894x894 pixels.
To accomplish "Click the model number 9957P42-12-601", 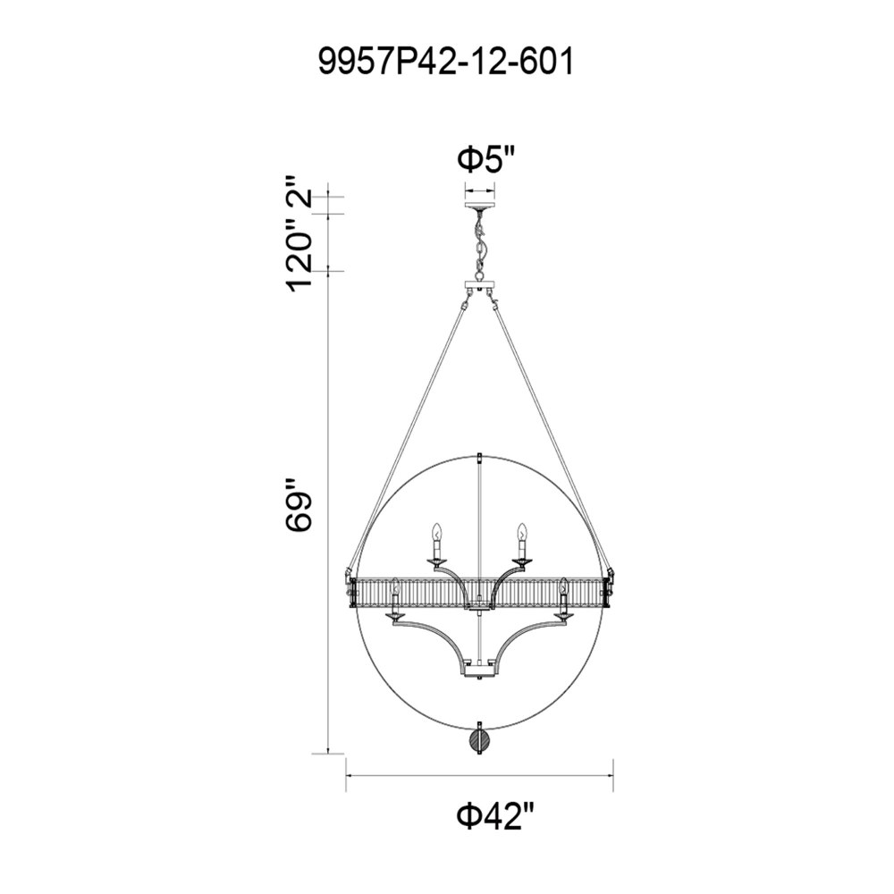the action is tap(445, 62).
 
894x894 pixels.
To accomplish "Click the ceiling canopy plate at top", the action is tap(480, 206).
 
